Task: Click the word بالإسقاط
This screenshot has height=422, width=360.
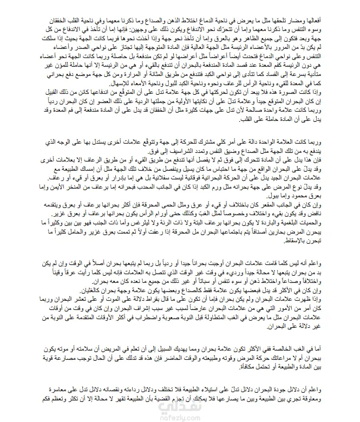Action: pos(338,247)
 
